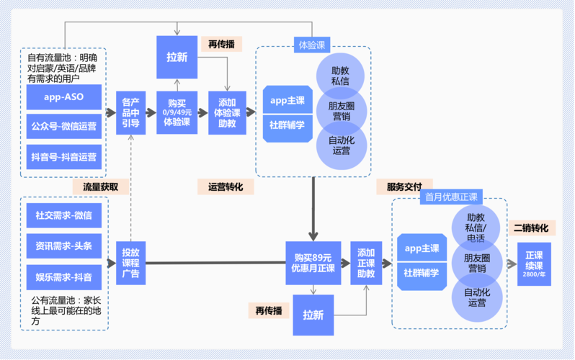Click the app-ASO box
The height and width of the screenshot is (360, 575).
coord(63,97)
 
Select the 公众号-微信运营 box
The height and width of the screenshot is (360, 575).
coord(63,127)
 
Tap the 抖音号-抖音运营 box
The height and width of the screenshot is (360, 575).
coord(63,156)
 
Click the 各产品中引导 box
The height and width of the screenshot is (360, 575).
coord(130,112)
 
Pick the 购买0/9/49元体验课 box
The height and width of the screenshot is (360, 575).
coord(177,112)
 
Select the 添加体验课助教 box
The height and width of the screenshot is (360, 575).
coord(227,112)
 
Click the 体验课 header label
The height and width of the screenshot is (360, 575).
coord(311,45)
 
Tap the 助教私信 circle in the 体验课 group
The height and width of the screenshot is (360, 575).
coord(340,76)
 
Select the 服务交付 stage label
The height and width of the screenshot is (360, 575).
coord(404,186)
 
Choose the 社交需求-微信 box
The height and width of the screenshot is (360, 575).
coord(63,215)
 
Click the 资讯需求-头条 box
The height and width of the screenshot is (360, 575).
coord(63,246)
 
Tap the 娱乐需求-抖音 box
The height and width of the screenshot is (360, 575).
coord(63,276)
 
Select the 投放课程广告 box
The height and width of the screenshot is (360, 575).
coord(130,263)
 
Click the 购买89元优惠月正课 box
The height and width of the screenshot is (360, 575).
coord(313,263)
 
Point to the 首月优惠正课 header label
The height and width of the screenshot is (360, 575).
coord(451,197)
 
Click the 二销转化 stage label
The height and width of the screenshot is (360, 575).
coord(530,228)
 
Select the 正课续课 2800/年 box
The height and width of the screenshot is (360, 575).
coord(534,264)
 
